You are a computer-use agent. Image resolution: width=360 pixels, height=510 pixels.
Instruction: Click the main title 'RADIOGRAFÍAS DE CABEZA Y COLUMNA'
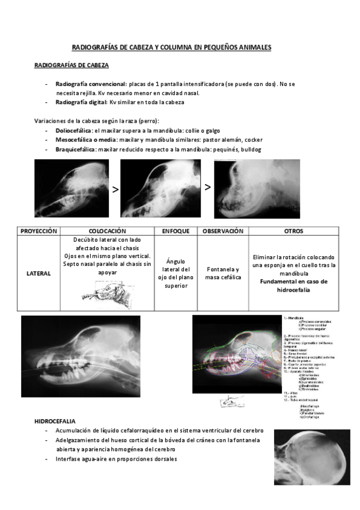click(171, 46)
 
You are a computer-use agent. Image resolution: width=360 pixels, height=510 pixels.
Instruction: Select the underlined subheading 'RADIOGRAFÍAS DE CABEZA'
click(72, 66)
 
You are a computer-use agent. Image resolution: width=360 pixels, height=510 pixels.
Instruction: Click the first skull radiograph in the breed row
click(72, 188)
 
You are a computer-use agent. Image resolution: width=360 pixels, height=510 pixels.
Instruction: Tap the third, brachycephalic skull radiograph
click(257, 189)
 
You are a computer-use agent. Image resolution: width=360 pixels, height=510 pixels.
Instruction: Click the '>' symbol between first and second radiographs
click(114, 189)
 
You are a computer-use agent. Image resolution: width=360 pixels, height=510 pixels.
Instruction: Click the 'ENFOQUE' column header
click(175, 231)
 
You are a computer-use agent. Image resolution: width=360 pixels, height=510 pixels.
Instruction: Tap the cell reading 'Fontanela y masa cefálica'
click(222, 273)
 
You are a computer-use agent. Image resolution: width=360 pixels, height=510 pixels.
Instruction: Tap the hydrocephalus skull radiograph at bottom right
click(311, 456)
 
